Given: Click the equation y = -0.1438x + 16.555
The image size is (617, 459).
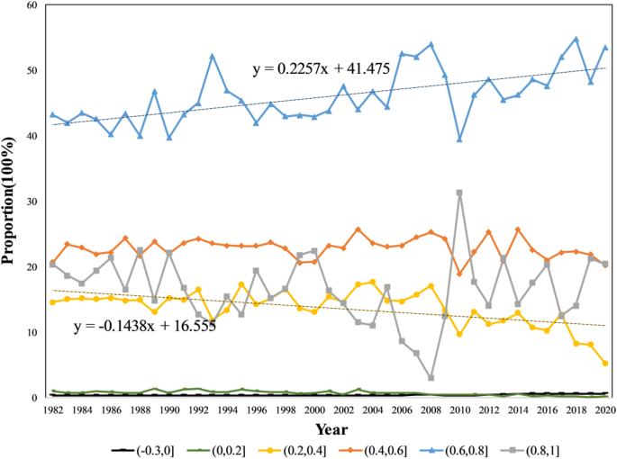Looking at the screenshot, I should (145, 323).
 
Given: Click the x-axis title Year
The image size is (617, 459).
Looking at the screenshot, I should (328, 430).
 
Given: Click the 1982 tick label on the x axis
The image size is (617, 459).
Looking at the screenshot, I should (52, 409).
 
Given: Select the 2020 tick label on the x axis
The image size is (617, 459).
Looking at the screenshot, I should (605, 409).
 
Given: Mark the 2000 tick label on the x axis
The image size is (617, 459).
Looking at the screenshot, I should (314, 409).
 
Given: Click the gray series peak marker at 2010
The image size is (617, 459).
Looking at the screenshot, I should (459, 193).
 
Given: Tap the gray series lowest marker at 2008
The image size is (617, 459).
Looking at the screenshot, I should (431, 378).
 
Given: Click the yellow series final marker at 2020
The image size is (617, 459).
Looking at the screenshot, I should (605, 364).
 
